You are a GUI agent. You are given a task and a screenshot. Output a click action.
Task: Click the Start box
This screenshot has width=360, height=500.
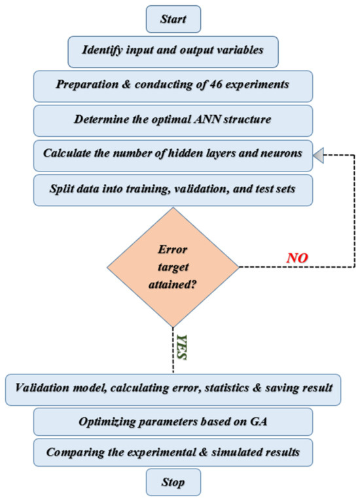173,19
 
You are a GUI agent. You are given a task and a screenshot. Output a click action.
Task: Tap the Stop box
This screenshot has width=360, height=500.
173,482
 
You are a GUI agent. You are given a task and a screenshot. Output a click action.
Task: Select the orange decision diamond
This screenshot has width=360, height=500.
173,267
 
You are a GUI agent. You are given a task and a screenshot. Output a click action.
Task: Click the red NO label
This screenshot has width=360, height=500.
297,258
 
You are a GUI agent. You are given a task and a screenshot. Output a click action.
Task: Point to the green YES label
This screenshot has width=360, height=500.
181,348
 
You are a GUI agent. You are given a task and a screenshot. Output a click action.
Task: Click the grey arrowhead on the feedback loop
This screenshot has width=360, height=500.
318,155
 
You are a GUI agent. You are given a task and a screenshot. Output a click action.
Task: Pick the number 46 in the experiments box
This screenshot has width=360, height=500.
216,84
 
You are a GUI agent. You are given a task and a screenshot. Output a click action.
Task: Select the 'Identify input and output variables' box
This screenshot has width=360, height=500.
173,52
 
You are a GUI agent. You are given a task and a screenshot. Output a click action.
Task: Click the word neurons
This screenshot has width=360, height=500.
281,153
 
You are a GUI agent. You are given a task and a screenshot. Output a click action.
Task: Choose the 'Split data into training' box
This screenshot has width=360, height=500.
173,190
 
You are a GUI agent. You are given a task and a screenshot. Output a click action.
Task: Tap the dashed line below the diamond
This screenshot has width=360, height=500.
173,350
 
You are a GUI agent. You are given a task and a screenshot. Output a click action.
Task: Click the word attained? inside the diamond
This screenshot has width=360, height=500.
172,284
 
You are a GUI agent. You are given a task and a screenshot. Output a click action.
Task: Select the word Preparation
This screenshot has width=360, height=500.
87,84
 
